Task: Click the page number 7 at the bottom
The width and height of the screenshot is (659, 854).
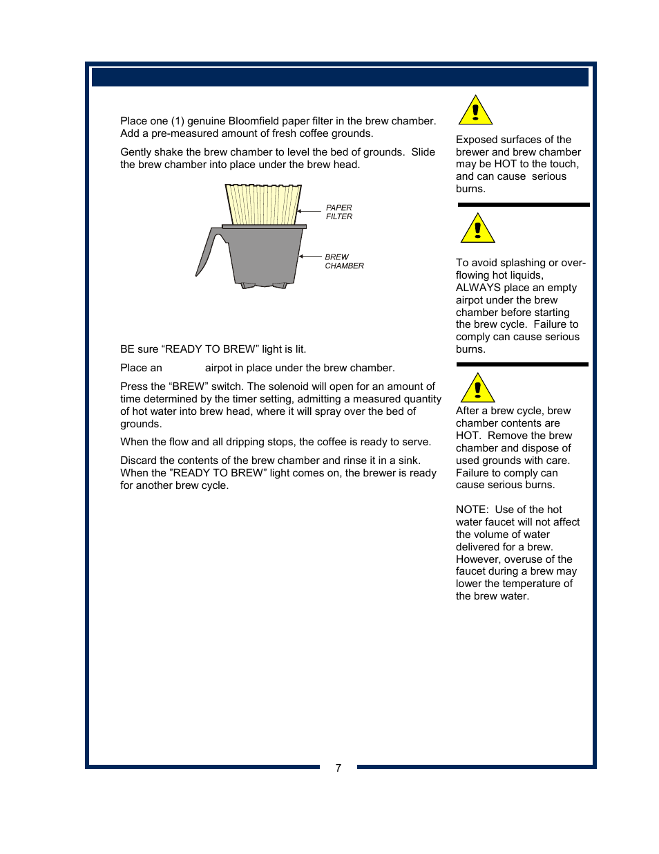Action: click(x=338, y=768)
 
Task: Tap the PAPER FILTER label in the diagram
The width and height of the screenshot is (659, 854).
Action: click(x=338, y=212)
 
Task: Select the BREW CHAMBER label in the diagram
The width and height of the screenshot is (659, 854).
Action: click(x=344, y=261)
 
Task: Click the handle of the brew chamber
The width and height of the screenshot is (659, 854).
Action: click(x=207, y=253)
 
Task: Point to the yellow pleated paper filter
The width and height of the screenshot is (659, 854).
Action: click(x=263, y=204)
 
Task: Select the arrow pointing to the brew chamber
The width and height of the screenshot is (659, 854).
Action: click(x=310, y=257)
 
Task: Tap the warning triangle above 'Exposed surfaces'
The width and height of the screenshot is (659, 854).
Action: click(x=475, y=111)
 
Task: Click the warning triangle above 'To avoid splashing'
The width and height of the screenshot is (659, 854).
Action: click(x=477, y=230)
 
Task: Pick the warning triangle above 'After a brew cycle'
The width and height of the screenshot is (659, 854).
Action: click(x=477, y=389)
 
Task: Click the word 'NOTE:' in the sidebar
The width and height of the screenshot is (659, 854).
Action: click(x=472, y=510)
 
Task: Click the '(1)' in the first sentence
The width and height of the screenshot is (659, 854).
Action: click(x=178, y=121)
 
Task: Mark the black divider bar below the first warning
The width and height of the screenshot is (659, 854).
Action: click(x=523, y=205)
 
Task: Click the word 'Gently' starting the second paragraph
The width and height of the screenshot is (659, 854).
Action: click(x=137, y=152)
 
